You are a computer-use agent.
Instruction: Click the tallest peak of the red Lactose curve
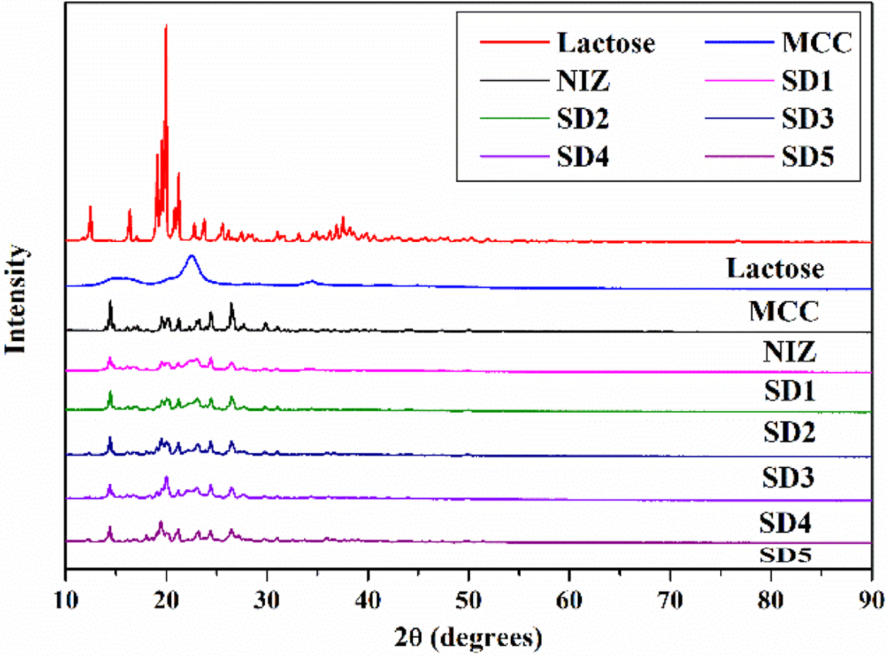(166, 27)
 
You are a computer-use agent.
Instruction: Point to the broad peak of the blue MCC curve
(191, 256)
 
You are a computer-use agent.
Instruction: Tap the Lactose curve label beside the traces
(774, 269)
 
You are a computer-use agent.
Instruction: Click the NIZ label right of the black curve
(789, 353)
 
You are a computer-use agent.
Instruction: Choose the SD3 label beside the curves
(789, 478)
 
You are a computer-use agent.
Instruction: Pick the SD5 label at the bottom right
(786, 555)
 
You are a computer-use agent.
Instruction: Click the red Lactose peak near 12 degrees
(90, 207)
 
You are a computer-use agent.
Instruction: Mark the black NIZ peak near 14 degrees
(110, 302)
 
